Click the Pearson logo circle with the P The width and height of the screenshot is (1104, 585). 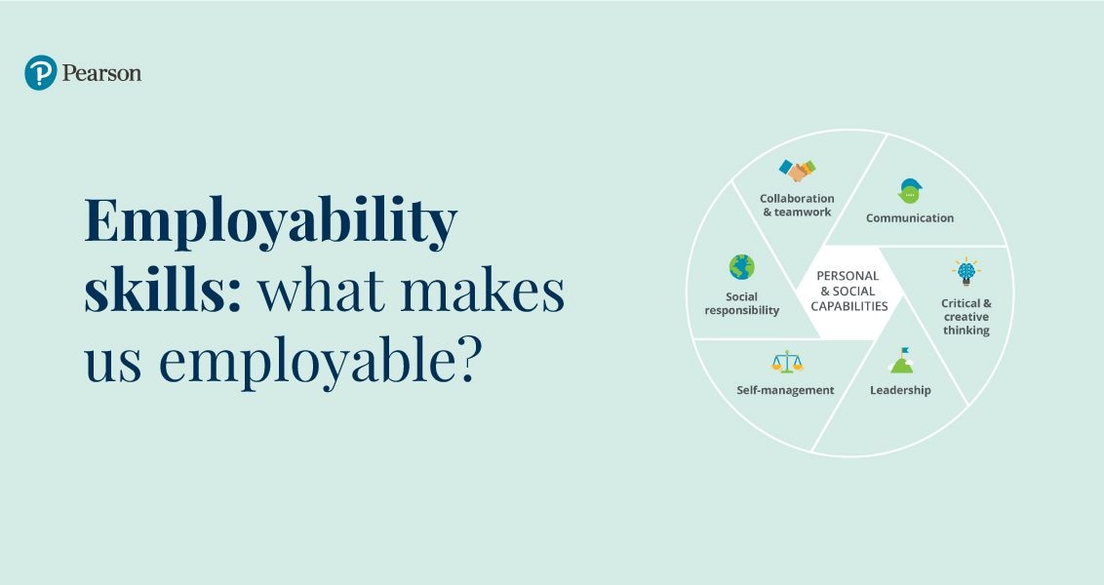pos(41,73)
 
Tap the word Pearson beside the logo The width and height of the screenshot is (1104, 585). pos(101,73)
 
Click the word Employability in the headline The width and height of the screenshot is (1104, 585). pos(270,222)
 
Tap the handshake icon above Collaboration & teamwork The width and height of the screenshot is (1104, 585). pos(798,171)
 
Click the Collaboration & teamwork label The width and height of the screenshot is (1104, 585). pos(797,205)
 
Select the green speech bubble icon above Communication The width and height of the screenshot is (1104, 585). pos(910,191)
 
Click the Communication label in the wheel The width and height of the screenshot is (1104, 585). pos(910,218)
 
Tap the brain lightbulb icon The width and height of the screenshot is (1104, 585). pos(966,272)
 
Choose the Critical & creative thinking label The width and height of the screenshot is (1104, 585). pos(966,317)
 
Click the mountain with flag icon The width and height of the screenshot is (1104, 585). pos(901,361)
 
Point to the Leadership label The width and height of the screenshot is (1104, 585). pos(900,391)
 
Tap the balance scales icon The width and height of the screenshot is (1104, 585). pos(787,363)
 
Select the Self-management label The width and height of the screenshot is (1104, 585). pos(785,390)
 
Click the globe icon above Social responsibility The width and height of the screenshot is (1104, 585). pos(741,267)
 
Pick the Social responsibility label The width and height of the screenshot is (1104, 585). pos(742,303)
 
